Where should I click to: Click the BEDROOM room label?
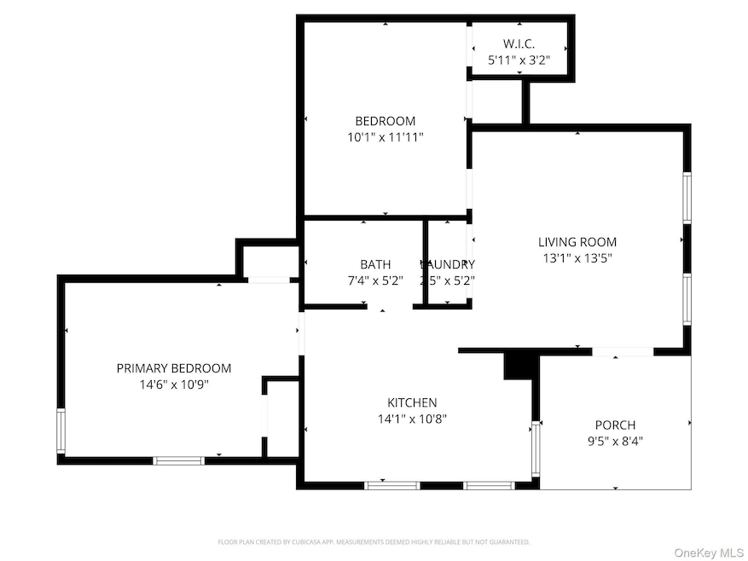[x=385, y=121]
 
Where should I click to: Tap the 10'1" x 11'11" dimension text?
[x=385, y=136]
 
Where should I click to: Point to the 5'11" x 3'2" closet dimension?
[x=519, y=61]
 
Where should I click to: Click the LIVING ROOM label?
[x=577, y=242]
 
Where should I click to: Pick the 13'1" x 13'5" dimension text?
[x=577, y=257]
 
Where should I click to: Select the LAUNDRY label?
[x=448, y=264]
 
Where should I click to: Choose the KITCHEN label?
[x=412, y=402]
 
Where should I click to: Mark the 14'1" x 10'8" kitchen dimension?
[x=412, y=419]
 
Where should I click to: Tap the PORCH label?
[x=615, y=425]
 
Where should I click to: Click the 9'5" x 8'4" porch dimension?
[x=615, y=442]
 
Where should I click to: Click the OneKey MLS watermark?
[x=708, y=552]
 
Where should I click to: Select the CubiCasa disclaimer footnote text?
[x=374, y=541]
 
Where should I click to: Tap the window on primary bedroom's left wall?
[x=61, y=431]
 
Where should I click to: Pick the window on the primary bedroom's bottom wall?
[x=178, y=460]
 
